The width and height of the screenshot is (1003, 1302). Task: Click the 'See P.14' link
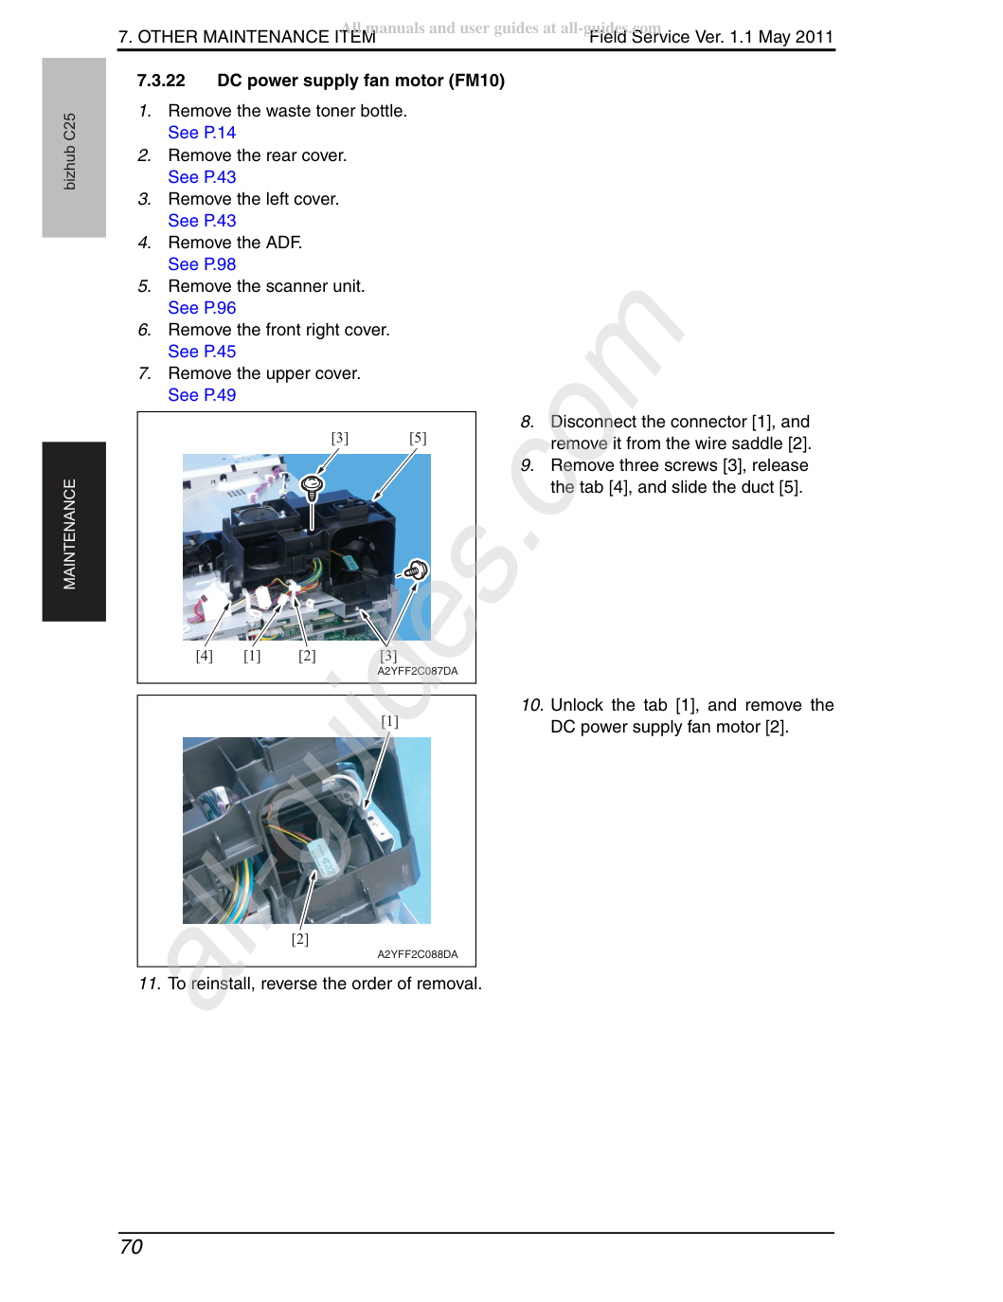(202, 133)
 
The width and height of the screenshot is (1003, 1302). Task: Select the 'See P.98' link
(202, 264)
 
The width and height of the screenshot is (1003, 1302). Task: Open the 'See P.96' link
(202, 308)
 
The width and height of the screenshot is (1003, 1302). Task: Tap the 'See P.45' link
(202, 352)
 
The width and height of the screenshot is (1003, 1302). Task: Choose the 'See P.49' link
(202, 395)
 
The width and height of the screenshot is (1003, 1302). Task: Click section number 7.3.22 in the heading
(161, 81)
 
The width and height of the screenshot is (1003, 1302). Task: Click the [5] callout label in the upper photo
(418, 438)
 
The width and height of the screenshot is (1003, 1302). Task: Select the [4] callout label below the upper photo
(205, 656)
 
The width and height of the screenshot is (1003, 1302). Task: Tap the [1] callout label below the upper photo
(252, 656)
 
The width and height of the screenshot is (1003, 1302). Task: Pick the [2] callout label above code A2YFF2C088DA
(300, 939)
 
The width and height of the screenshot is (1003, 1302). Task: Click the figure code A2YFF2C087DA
(418, 671)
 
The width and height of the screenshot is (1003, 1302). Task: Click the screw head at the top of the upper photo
(312, 483)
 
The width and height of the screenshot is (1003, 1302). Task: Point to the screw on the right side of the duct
(418, 570)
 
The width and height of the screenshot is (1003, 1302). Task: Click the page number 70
(131, 1247)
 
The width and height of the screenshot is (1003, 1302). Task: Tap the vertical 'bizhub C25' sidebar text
(70, 152)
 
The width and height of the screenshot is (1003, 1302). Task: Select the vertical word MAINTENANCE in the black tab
(70, 533)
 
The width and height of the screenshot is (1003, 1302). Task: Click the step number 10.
(532, 705)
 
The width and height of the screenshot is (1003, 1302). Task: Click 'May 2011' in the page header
(796, 37)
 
